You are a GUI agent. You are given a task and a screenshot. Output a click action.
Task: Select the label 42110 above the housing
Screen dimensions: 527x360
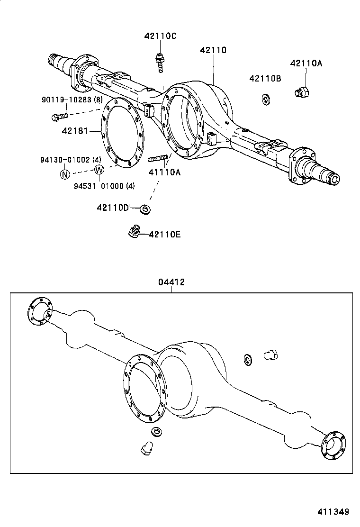(x=213, y=50)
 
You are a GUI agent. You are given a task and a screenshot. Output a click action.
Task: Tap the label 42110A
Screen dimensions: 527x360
(x=306, y=64)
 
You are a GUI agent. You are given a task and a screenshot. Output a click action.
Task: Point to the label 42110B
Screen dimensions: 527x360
(x=265, y=79)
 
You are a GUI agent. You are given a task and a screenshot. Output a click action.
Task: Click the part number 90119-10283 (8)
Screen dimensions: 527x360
(x=72, y=100)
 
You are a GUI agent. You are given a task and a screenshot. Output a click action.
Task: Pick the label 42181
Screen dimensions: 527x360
(x=75, y=131)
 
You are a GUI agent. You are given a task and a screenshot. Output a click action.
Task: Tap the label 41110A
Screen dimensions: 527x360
(x=165, y=173)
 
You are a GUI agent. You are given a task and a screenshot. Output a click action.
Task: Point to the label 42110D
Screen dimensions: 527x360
(x=113, y=208)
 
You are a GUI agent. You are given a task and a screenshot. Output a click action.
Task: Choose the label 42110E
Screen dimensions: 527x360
(x=164, y=234)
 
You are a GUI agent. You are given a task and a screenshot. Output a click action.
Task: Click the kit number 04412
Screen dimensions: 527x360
(x=171, y=282)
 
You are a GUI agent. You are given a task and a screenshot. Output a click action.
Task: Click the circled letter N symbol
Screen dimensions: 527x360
(x=64, y=174)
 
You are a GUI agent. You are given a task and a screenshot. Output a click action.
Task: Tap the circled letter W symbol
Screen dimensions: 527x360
(x=99, y=170)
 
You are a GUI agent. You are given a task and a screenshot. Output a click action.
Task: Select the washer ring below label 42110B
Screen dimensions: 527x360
(x=266, y=100)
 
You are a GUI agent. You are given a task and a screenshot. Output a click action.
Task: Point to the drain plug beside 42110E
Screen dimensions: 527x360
(x=133, y=232)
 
